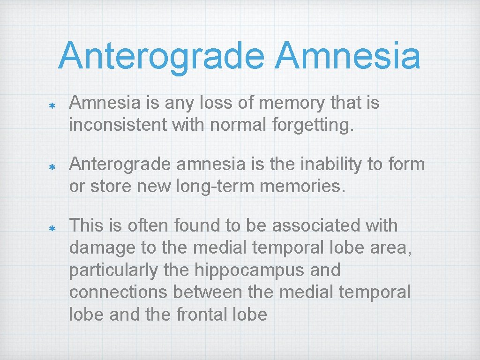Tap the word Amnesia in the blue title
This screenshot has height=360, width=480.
(x=347, y=56)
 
